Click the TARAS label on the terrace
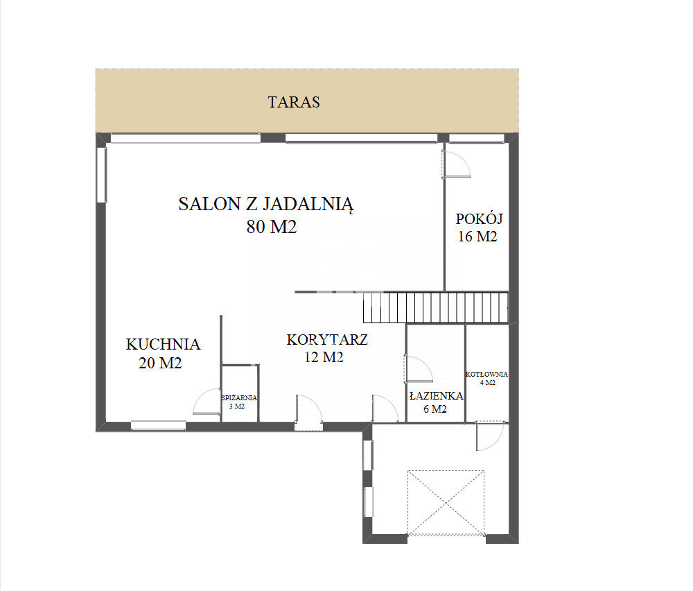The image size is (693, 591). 293,102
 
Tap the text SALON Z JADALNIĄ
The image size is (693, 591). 266,205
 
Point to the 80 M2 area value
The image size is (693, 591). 272,227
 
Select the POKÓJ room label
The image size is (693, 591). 479,219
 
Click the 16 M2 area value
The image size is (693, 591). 477,237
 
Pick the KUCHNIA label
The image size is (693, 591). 163,344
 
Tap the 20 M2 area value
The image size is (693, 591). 160,363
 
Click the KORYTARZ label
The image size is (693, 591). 327,340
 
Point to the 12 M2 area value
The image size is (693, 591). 324,357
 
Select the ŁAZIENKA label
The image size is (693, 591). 436,396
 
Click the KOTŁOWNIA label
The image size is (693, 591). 486,375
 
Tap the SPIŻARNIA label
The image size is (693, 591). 239,398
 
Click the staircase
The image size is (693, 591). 436,307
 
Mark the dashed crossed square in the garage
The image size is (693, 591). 446,503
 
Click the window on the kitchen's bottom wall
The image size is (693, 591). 158,425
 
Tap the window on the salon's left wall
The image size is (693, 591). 102,175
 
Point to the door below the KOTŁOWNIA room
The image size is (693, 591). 490,436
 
